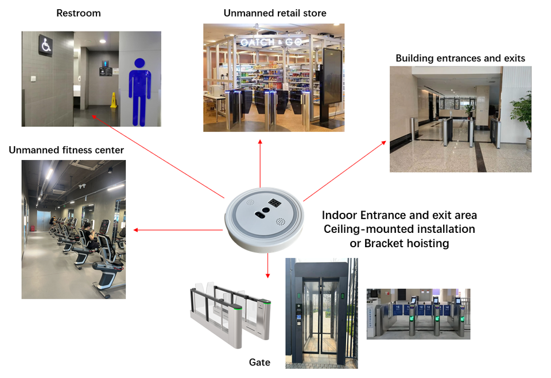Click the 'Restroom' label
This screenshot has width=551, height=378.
point(79,13)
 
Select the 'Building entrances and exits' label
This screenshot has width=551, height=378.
point(460,58)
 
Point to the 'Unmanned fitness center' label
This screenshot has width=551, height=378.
point(66,150)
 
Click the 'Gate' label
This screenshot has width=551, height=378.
point(259,362)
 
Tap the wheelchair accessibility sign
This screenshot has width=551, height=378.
point(45,45)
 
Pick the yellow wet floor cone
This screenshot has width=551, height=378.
point(114,100)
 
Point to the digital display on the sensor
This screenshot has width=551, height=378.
point(274,202)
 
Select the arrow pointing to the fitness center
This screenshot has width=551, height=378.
point(178,230)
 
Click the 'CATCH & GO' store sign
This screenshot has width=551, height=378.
point(273,42)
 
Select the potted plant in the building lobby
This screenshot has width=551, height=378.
point(520,115)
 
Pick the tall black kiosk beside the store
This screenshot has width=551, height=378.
point(332,86)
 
